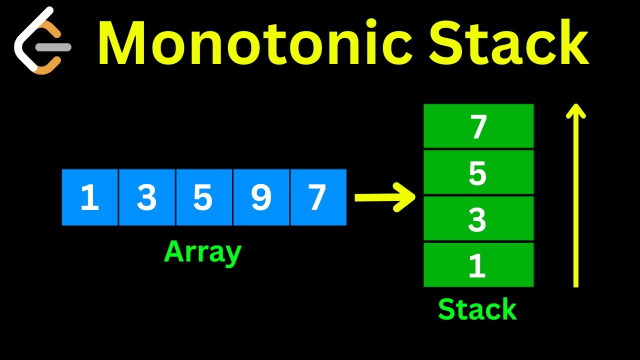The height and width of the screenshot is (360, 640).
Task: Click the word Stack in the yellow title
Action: (508, 44)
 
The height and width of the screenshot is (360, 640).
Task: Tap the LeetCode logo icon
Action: (42, 41)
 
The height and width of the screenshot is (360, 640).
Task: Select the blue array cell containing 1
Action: (90, 197)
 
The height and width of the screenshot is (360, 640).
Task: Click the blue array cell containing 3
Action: (147, 197)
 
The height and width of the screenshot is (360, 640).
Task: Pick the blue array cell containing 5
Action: (204, 197)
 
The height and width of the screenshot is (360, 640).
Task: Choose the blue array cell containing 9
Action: (261, 197)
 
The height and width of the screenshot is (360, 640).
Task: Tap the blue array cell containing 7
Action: (318, 197)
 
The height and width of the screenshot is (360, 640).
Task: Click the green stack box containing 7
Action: (478, 126)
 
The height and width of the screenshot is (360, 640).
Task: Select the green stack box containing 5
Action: (478, 172)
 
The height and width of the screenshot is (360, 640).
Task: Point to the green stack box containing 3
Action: (478, 219)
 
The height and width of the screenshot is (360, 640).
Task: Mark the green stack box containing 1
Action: (478, 265)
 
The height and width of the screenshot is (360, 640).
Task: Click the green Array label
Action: (202, 252)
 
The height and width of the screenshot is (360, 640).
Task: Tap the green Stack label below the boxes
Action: (477, 309)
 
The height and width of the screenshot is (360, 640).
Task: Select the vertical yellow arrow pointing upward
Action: (575, 200)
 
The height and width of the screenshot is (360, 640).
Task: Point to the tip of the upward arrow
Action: (575, 105)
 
